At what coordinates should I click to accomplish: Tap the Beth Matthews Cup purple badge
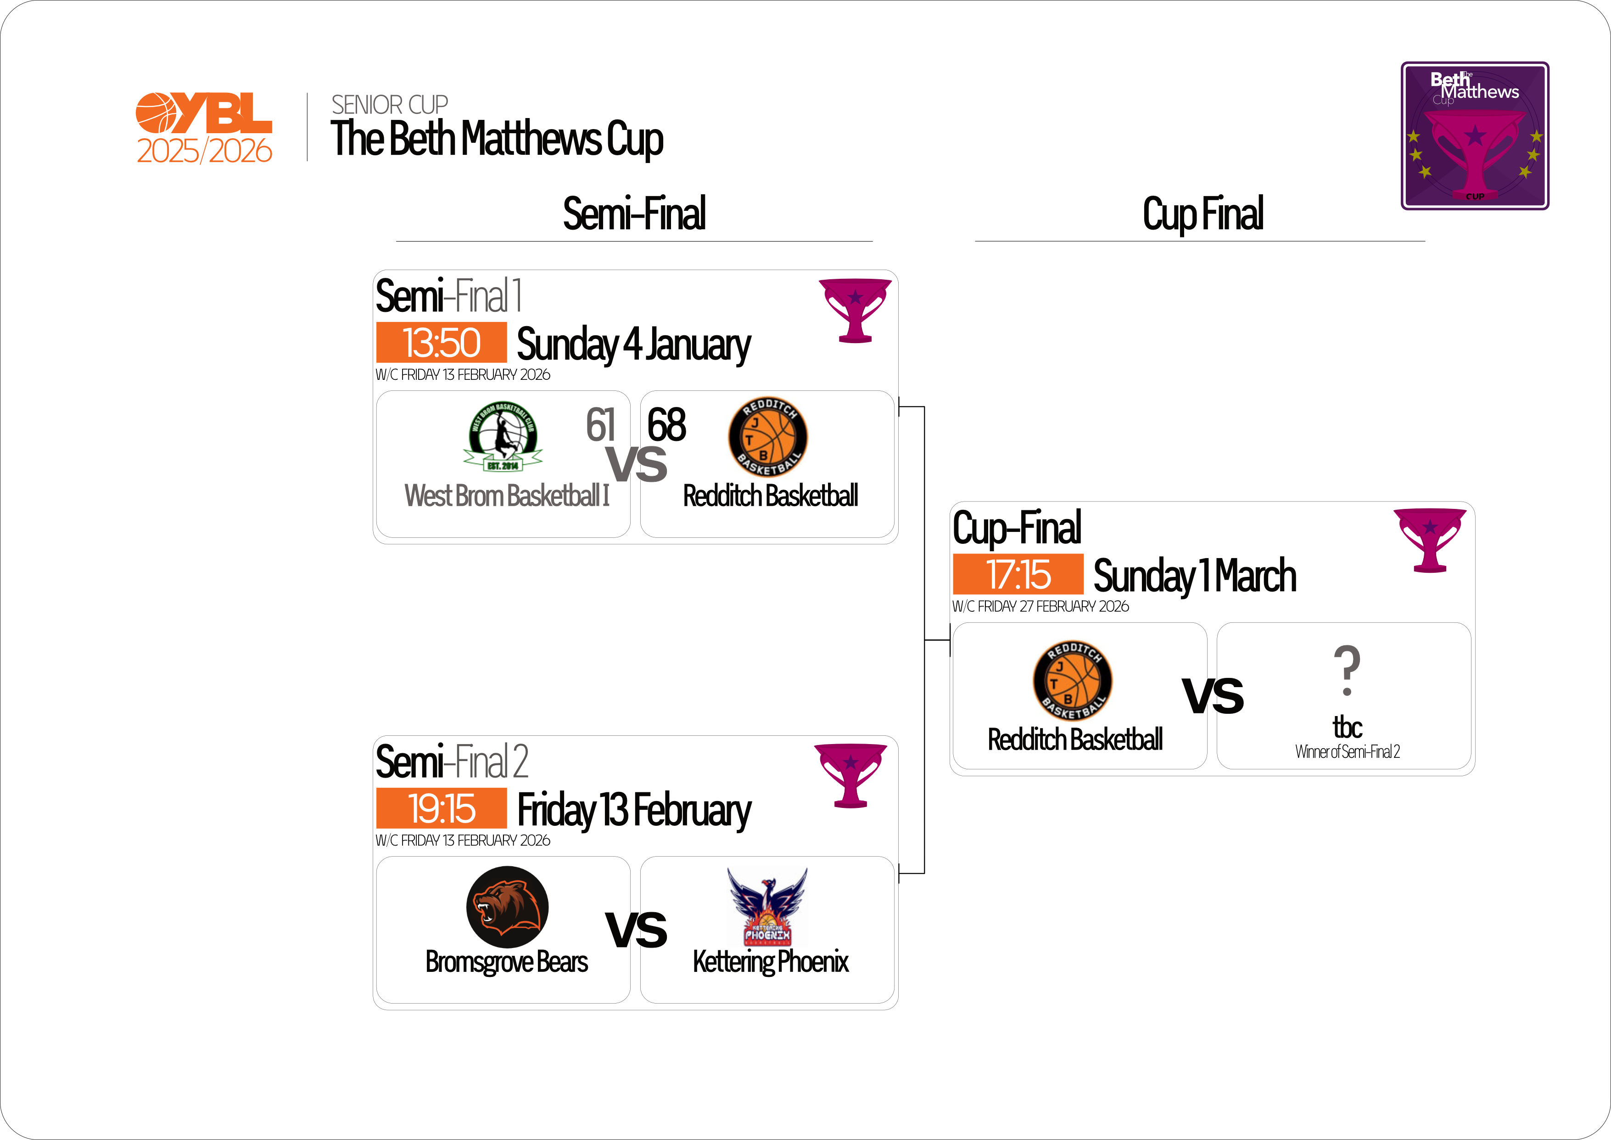pyautogui.click(x=1474, y=135)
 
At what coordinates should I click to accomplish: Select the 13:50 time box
pyautogui.click(x=442, y=343)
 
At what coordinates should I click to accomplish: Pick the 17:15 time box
pyautogui.click(x=1018, y=574)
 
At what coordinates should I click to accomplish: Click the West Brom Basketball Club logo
pyautogui.click(x=503, y=436)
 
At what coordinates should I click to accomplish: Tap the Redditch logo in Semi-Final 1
pyautogui.click(x=767, y=437)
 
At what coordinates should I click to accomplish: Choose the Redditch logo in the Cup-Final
pyautogui.click(x=1071, y=680)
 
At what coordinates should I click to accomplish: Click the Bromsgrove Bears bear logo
pyautogui.click(x=507, y=907)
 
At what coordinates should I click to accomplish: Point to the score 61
pyautogui.click(x=601, y=425)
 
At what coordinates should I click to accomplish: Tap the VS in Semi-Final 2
pyautogui.click(x=637, y=930)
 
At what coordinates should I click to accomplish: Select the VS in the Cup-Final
pyautogui.click(x=1213, y=696)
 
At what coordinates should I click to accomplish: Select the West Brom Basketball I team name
pyautogui.click(x=507, y=496)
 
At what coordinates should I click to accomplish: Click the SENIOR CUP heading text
pyautogui.click(x=389, y=105)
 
